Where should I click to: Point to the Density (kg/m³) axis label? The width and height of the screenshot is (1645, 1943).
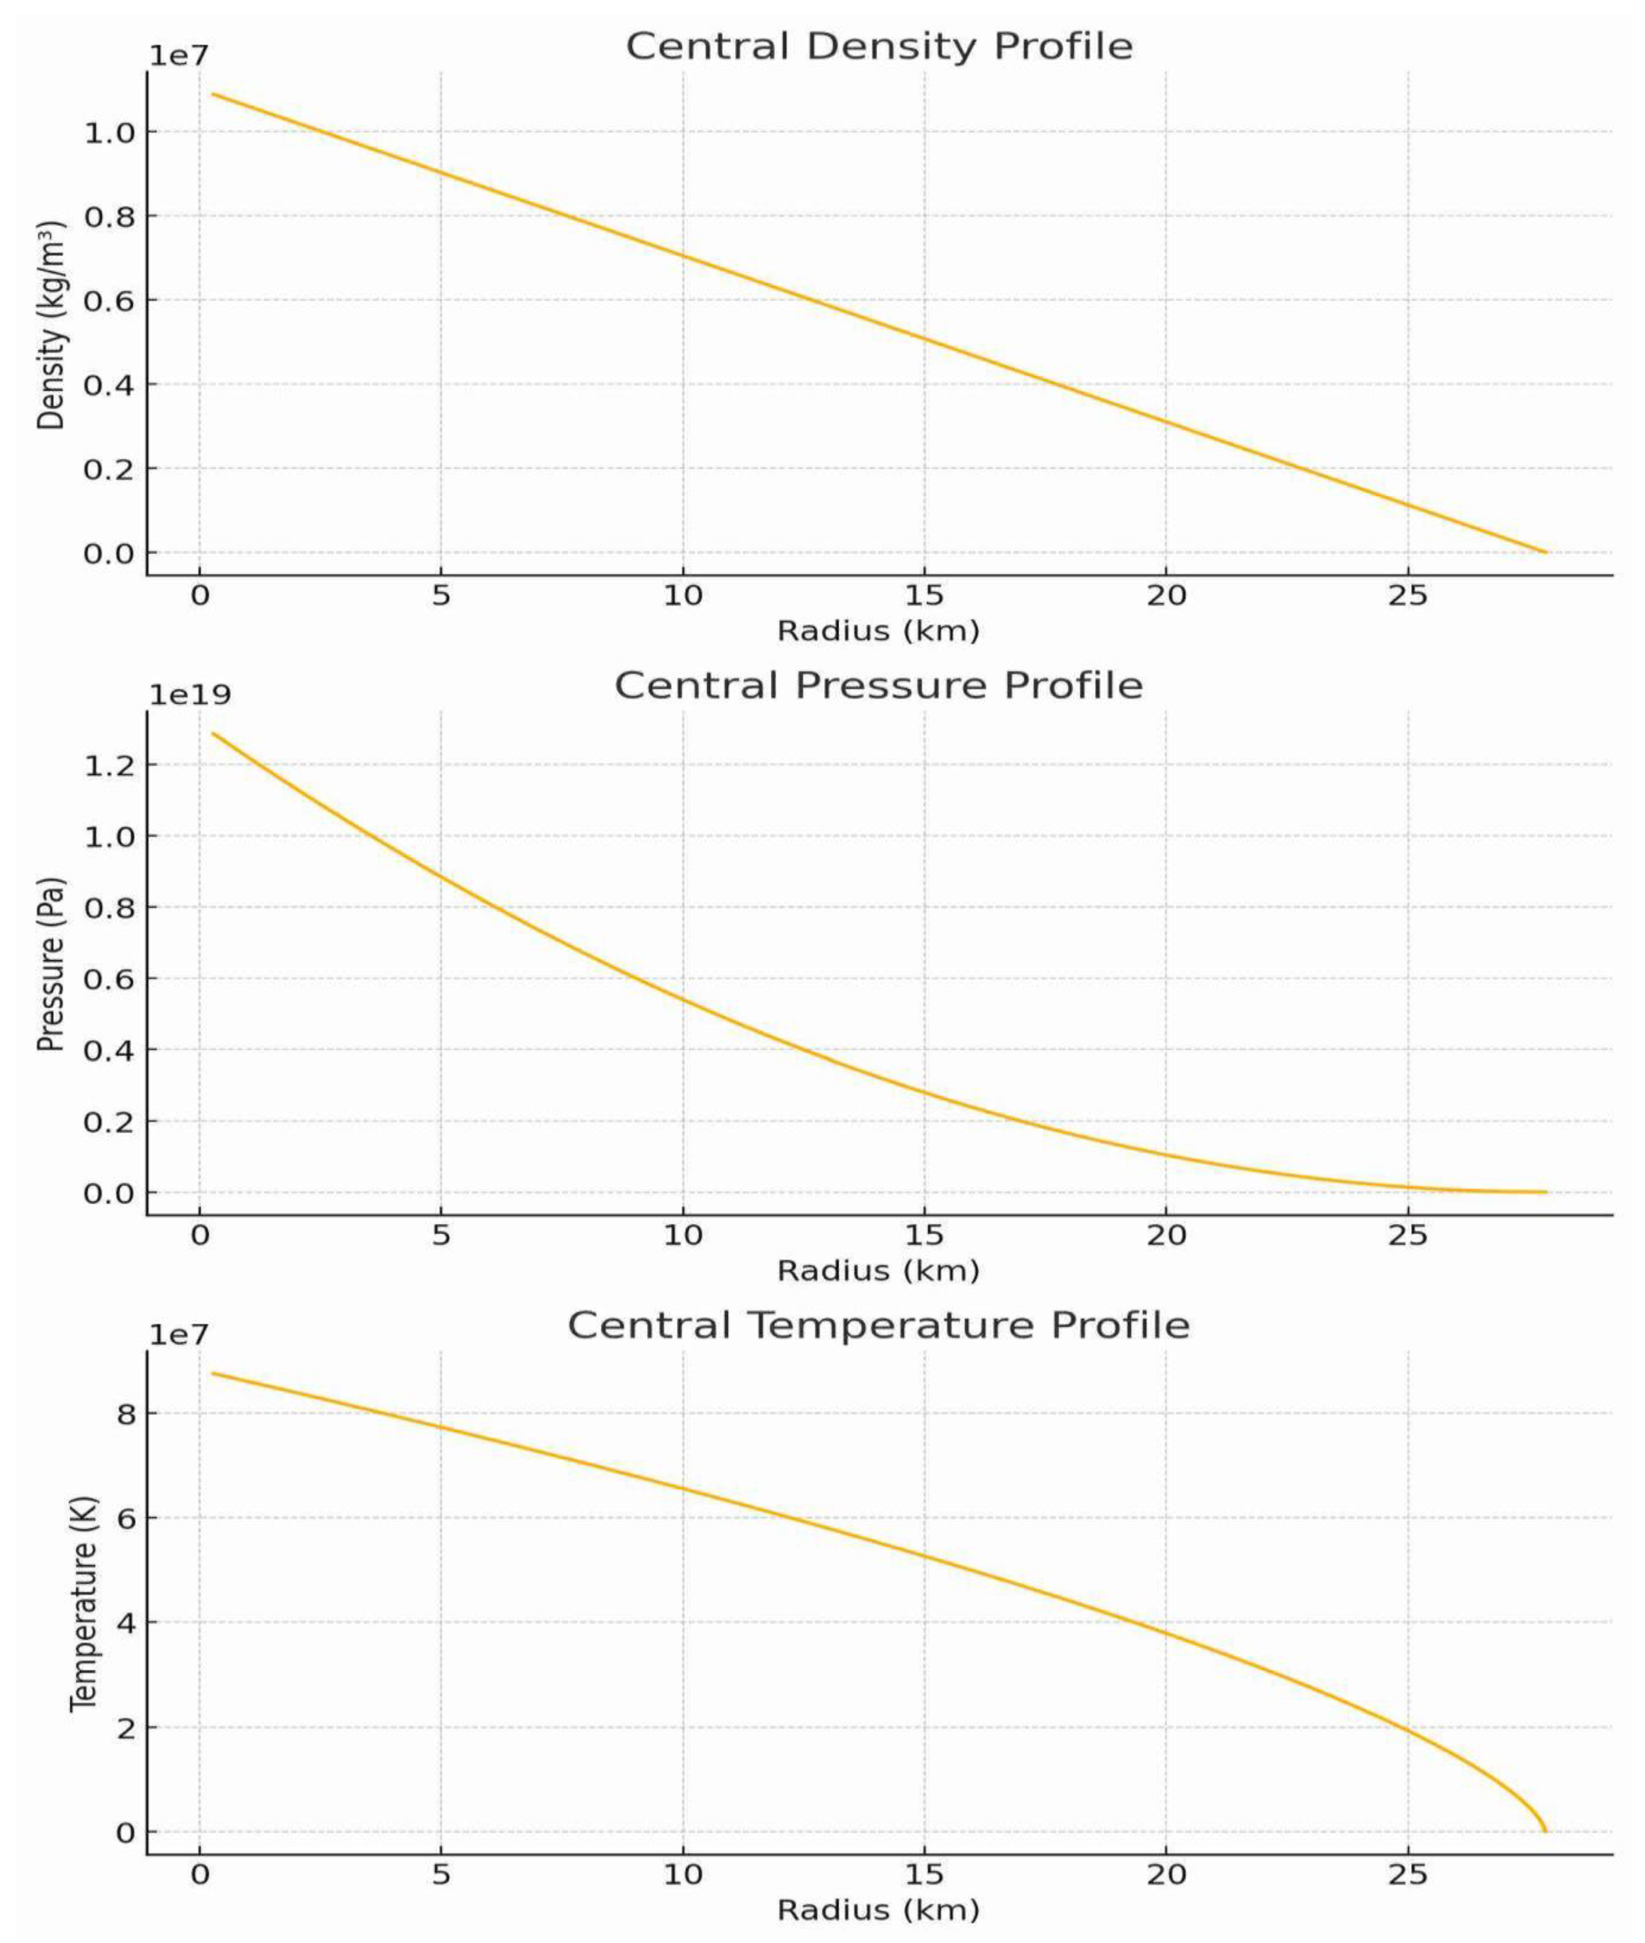52,325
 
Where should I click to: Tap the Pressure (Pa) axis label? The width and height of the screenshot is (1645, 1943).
52,964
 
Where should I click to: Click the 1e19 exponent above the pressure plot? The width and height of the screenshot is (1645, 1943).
190,696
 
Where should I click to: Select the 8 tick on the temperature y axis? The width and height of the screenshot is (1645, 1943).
126,1413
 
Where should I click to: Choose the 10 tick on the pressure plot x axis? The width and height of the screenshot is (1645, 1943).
683,1235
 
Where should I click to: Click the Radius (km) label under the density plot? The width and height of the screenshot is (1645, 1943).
878,631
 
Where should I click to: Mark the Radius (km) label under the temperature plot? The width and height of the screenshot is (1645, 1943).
878,1910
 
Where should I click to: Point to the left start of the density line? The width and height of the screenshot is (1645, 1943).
212,93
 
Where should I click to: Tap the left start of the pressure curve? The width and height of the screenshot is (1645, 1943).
212,733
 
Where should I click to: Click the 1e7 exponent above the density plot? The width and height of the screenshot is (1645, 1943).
180,56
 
